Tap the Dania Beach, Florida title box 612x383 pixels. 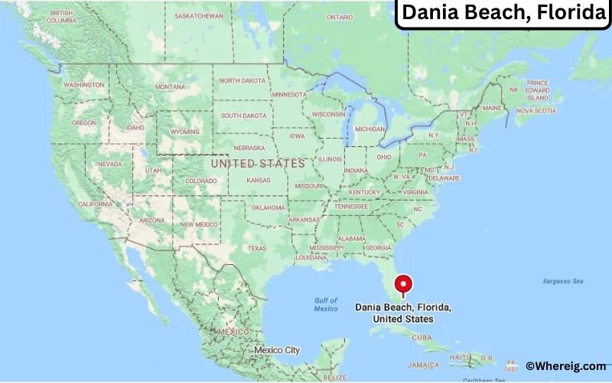click(503, 14)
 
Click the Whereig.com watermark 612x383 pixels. click(566, 367)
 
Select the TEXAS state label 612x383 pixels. click(257, 248)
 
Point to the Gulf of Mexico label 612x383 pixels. click(326, 304)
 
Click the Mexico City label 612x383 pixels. click(277, 350)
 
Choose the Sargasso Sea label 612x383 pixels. click(563, 281)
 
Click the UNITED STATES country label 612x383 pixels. click(258, 164)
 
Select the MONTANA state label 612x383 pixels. click(170, 87)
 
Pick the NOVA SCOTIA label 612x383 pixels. click(535, 110)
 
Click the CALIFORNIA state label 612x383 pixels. click(96, 204)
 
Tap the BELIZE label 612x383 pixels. click(334, 378)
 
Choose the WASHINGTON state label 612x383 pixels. click(83, 84)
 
